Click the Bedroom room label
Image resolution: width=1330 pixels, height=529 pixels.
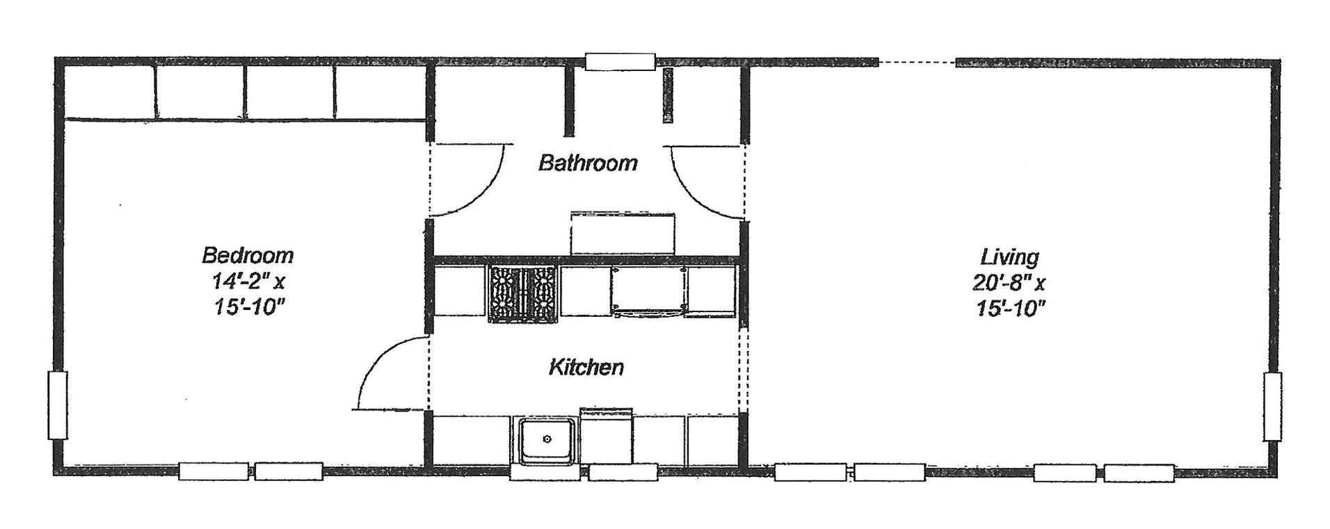point(248,255)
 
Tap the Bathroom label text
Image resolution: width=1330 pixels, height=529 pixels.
point(588,163)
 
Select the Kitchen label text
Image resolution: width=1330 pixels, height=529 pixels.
point(586,367)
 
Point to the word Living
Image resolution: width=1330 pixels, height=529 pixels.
point(1010,257)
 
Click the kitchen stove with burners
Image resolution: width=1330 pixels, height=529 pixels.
point(523,294)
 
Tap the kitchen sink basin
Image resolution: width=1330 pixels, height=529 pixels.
point(547,439)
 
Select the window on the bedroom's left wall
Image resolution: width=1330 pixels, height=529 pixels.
point(58,405)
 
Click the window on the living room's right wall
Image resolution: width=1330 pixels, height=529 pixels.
point(1272,407)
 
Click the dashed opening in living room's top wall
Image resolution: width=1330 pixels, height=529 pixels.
point(917,62)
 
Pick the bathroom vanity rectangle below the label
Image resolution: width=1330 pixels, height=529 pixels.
point(623,234)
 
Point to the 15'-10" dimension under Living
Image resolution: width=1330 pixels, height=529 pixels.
point(1010,308)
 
